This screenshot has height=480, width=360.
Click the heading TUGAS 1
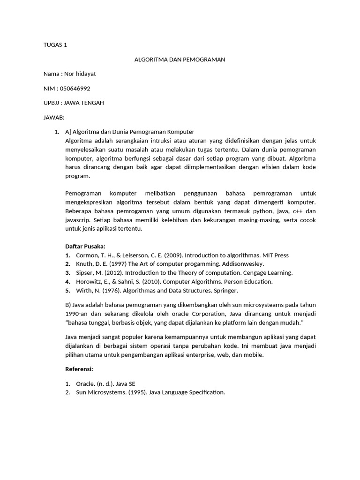55,45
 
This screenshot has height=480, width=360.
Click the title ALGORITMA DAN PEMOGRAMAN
180,60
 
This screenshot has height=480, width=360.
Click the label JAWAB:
53,117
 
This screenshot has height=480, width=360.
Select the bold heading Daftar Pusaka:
85,247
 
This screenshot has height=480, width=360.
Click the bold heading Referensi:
79,369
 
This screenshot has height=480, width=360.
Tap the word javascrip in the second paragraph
77,220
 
